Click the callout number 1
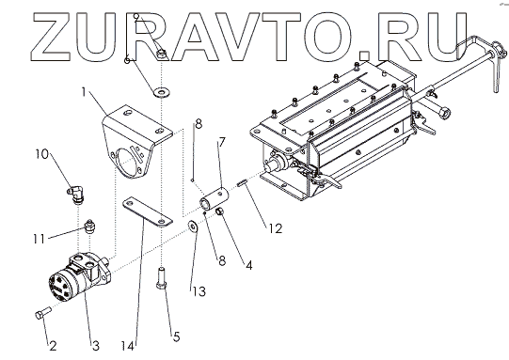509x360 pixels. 84,92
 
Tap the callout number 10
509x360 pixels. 42,154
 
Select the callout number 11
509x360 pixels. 39,240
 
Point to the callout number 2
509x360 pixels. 53,346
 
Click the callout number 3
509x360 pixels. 95,346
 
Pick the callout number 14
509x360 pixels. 128,347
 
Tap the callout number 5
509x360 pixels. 176,337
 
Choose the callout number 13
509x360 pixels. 199,291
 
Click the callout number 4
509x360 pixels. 249,265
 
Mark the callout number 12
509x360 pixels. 276,228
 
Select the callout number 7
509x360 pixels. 222,142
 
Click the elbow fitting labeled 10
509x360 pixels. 75,194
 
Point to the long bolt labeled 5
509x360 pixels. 161,277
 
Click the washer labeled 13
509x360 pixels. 194,226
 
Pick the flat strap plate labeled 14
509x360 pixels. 147,211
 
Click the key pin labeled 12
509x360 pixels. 243,183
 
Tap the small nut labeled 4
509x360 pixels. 220,211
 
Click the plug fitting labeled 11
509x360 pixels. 89,226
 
